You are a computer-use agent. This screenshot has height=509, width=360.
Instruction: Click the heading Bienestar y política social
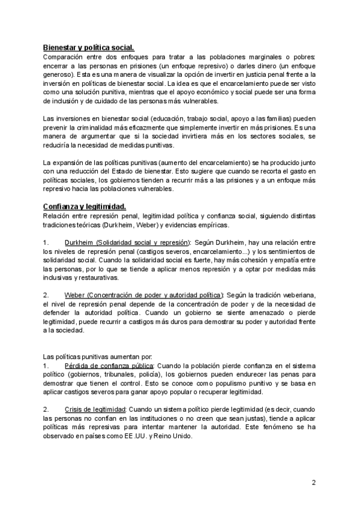(x=89, y=47)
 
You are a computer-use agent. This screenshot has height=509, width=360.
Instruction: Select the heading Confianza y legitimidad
(x=84, y=206)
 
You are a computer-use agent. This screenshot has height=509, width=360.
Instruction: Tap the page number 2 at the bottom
(x=314, y=483)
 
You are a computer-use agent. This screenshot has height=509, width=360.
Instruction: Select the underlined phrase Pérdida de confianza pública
(x=109, y=366)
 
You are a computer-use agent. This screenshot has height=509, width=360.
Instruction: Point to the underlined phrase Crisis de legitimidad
(x=100, y=409)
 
